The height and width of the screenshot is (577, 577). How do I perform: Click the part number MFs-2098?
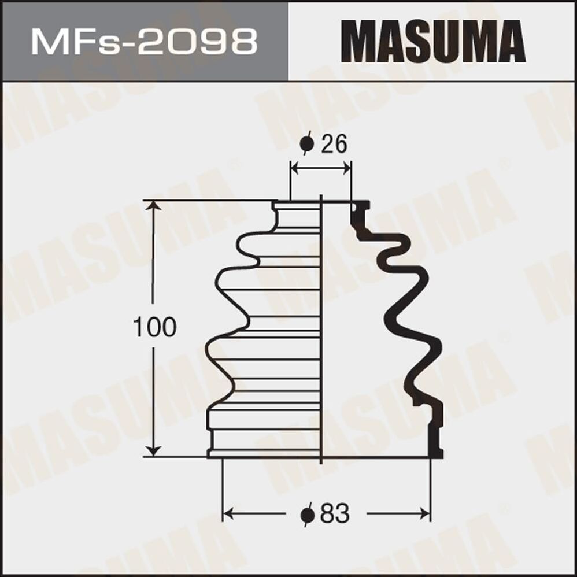coord(144,42)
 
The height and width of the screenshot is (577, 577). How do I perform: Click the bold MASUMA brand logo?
coord(433,42)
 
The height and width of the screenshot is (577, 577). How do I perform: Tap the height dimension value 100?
coord(154,328)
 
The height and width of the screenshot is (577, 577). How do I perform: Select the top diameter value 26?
coord(334,145)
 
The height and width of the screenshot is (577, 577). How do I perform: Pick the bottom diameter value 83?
coord(335,513)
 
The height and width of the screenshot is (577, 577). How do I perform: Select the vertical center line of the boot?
coord(321,330)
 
